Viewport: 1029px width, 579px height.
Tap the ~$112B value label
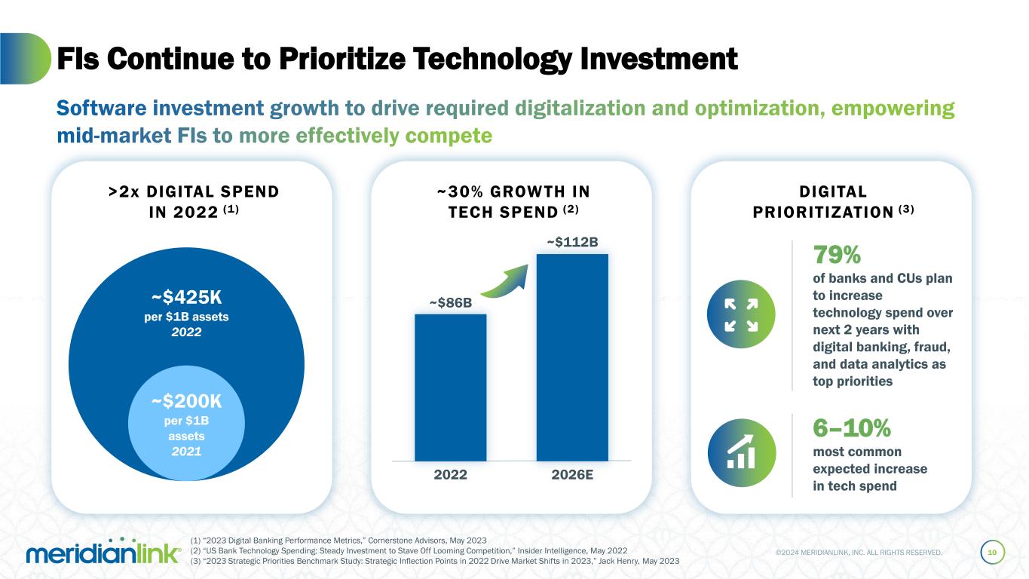click(572, 242)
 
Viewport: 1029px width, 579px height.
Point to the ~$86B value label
click(451, 303)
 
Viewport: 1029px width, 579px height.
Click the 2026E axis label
click(571, 475)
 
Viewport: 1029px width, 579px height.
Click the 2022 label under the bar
click(450, 475)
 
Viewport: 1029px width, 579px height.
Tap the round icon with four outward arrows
click(742, 314)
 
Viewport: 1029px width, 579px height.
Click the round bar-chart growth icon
click(742, 452)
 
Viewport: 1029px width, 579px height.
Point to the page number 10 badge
click(992, 553)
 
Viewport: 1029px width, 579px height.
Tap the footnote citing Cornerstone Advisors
click(340, 541)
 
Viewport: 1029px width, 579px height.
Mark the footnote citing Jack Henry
click(436, 561)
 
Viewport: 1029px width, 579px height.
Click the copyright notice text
click(859, 553)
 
